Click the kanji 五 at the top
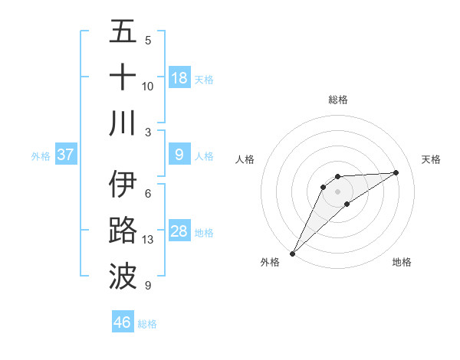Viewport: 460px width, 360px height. point(123,32)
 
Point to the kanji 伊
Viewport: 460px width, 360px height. point(123,185)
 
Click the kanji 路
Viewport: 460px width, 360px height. point(123,231)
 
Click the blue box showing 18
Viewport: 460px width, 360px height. point(179,78)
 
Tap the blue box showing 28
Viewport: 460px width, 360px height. point(179,232)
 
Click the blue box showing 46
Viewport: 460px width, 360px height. point(123,322)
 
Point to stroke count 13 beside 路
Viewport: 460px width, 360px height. point(148,240)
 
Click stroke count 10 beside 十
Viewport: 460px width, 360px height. point(148,86)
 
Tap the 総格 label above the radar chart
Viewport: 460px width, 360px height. point(337,100)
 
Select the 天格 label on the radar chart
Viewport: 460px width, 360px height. point(432,159)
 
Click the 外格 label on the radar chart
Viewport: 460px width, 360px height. point(270,263)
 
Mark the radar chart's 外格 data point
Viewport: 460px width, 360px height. point(292,254)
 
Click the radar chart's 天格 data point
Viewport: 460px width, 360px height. point(396,172)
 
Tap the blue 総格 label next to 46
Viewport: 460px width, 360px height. point(147,324)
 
